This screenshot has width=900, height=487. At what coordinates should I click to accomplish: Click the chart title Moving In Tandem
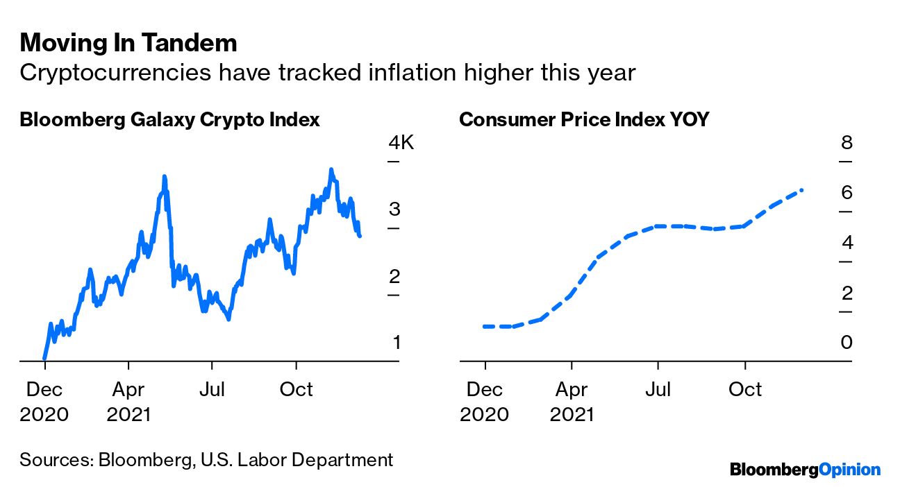pyautogui.click(x=128, y=43)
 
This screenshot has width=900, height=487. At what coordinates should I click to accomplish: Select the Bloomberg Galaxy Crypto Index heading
pyautogui.click(x=169, y=119)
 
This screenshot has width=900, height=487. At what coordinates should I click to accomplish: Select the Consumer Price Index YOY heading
pyautogui.click(x=584, y=119)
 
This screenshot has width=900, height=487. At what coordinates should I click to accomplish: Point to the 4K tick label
pyautogui.click(x=401, y=144)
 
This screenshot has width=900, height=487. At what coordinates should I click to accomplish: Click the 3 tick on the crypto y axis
pyautogui.click(x=394, y=210)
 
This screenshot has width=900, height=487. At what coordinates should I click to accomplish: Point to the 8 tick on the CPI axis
pyautogui.click(x=846, y=144)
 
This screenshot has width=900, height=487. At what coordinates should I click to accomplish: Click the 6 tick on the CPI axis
pyautogui.click(x=846, y=193)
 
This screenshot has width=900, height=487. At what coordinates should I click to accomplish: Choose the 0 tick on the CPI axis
pyautogui.click(x=846, y=343)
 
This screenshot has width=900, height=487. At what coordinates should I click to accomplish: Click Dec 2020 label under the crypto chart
pyautogui.click(x=44, y=402)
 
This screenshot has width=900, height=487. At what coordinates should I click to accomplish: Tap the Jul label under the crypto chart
pyautogui.click(x=212, y=389)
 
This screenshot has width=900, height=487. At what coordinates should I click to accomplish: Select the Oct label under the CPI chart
pyautogui.click(x=744, y=389)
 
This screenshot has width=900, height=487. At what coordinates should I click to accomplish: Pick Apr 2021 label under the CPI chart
pyautogui.click(x=572, y=402)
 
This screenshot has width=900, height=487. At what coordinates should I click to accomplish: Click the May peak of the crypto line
pyautogui.click(x=164, y=177)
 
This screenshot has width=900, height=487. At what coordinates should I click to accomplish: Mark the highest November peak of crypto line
pyautogui.click(x=331, y=169)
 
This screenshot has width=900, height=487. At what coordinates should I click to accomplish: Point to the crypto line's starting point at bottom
pyautogui.click(x=44, y=359)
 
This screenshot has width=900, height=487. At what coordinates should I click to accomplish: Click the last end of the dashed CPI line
pyautogui.click(x=802, y=189)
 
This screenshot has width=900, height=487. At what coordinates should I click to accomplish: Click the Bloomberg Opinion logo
pyautogui.click(x=805, y=470)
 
